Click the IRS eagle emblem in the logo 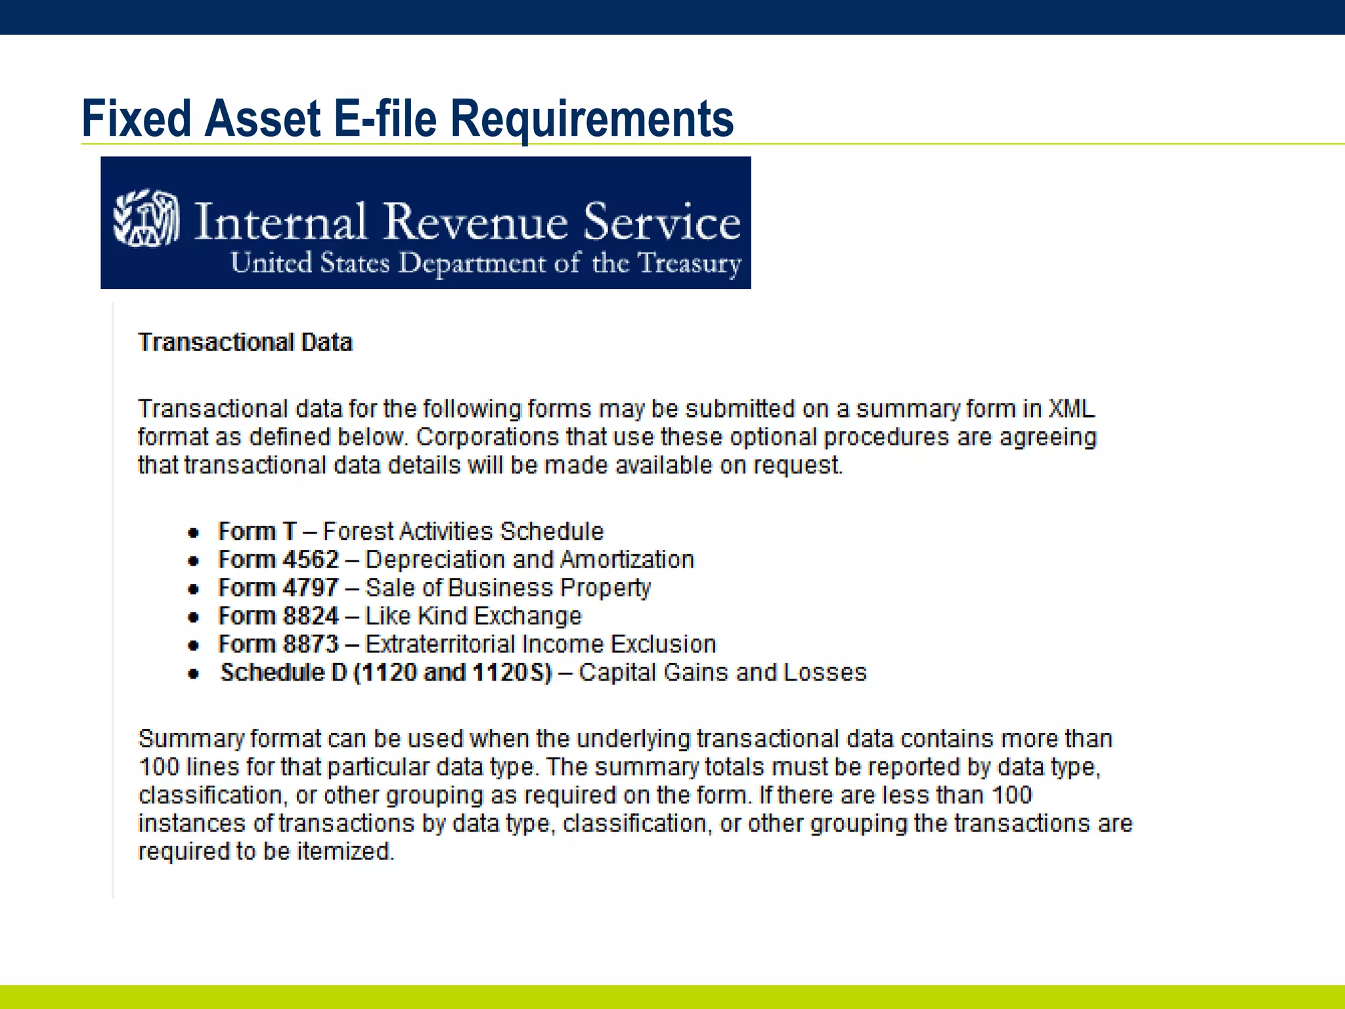tap(146, 219)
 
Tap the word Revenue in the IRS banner tap(475, 222)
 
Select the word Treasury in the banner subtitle tap(690, 263)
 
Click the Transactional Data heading tap(245, 343)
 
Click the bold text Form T tap(257, 531)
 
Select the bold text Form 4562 tap(278, 560)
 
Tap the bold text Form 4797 tap(278, 588)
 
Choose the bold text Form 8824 tap(278, 616)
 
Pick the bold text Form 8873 tap(278, 644)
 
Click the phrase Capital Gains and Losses tap(722, 673)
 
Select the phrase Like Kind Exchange tap(473, 616)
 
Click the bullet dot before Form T tap(193, 533)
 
